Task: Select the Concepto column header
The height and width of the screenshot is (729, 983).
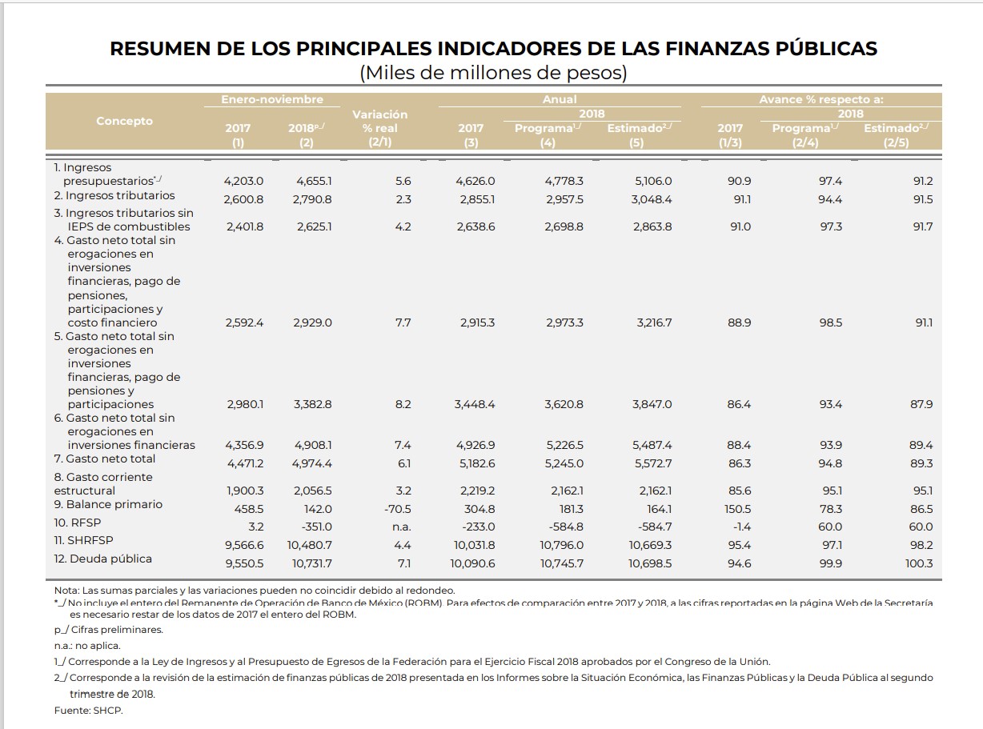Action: click(124, 121)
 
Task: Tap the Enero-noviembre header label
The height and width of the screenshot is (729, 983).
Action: click(272, 99)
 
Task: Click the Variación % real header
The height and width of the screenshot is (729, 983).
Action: click(379, 127)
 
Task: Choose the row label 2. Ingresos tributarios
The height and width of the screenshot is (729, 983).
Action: click(114, 195)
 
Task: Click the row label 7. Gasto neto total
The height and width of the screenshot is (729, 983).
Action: click(105, 459)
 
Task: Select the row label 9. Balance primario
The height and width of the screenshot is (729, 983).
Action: click(108, 504)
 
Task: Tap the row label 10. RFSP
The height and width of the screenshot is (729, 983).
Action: click(77, 523)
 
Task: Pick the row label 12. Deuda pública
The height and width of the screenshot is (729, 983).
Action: click(102, 559)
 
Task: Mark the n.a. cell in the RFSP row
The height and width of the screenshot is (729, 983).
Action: click(402, 527)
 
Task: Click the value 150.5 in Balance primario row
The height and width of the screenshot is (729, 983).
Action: click(737, 509)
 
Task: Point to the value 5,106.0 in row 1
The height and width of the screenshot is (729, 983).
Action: click(653, 182)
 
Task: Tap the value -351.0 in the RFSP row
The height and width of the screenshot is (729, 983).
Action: click(313, 527)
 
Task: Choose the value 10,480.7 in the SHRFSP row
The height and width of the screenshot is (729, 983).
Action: click(310, 545)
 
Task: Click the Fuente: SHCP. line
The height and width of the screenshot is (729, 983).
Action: click(88, 711)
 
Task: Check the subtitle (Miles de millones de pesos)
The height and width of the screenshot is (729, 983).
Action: click(493, 73)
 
